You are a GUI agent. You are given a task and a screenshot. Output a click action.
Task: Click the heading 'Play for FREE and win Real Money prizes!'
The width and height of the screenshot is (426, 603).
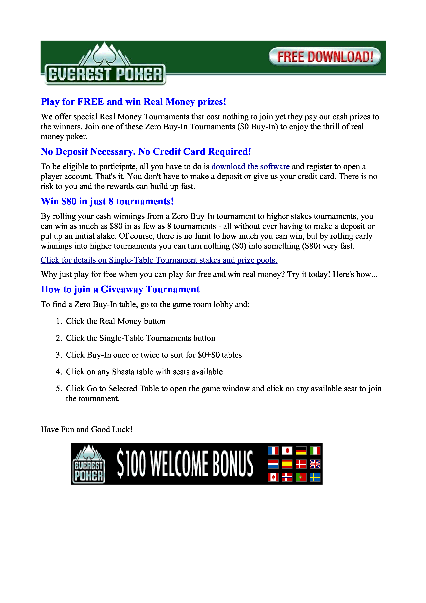[x=133, y=102]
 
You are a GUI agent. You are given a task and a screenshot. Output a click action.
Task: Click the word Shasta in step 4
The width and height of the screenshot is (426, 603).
[x=123, y=372]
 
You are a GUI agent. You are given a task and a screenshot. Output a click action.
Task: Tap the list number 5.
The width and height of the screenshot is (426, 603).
[x=59, y=389]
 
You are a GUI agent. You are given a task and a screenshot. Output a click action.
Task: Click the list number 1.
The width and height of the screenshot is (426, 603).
[x=59, y=321]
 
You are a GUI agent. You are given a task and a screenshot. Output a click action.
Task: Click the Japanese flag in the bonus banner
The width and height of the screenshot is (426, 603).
[x=287, y=451]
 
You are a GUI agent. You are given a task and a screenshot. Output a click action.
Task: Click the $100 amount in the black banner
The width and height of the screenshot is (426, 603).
[x=131, y=464]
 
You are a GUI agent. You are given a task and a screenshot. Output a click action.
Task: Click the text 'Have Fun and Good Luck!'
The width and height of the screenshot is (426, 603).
[x=86, y=429]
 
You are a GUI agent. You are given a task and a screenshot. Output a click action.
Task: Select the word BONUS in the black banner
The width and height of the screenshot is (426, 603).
[x=233, y=464]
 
